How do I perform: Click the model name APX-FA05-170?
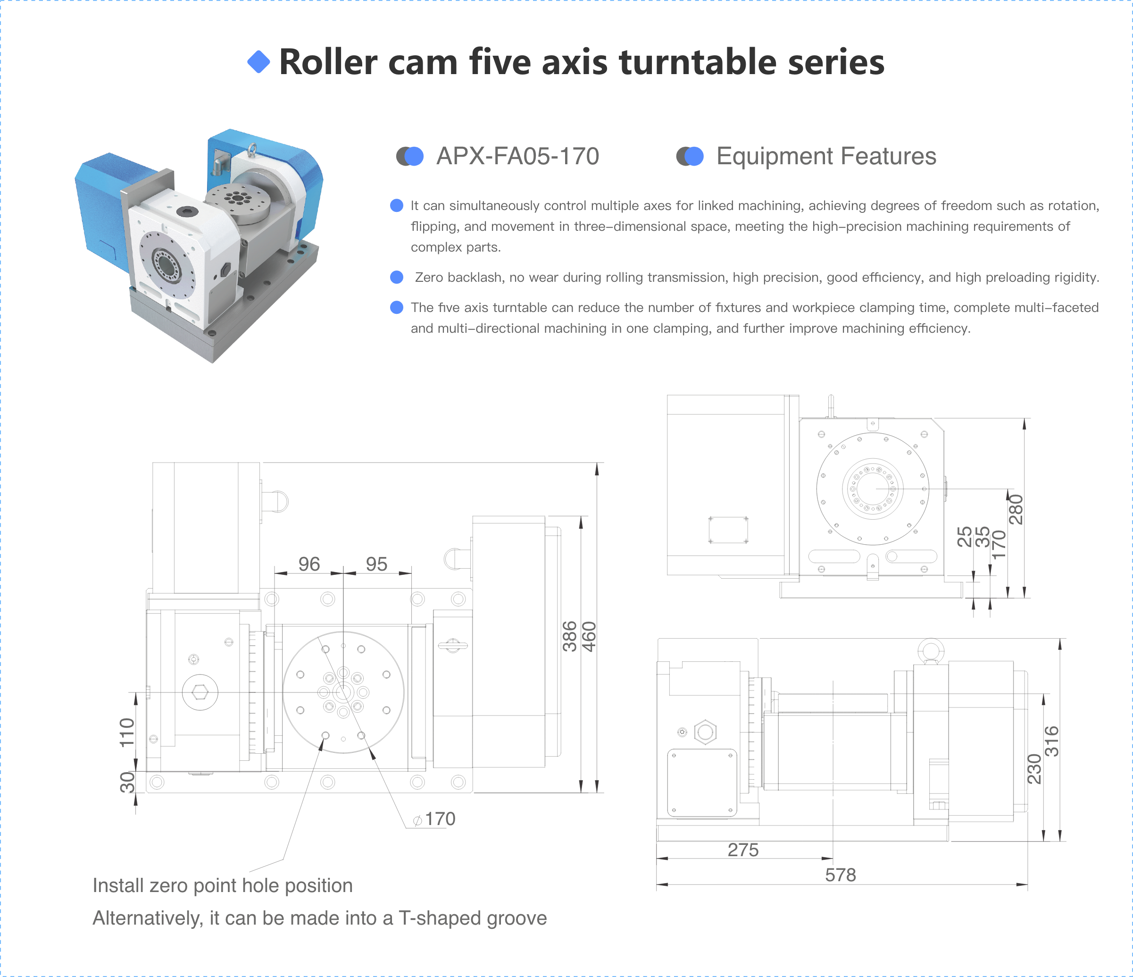point(517,156)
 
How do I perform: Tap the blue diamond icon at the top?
point(258,62)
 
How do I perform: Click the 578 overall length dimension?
point(840,875)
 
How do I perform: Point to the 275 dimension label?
point(742,850)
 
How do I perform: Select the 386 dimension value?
point(570,637)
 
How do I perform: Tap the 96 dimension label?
point(309,564)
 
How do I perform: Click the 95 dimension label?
point(376,564)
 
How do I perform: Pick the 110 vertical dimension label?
point(127,733)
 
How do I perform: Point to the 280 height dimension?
point(1016,510)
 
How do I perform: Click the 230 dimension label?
point(1034,768)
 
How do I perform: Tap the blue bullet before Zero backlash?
point(396,278)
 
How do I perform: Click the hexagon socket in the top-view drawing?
point(200,692)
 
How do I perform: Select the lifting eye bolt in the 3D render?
point(251,149)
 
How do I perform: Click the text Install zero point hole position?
point(223,885)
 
